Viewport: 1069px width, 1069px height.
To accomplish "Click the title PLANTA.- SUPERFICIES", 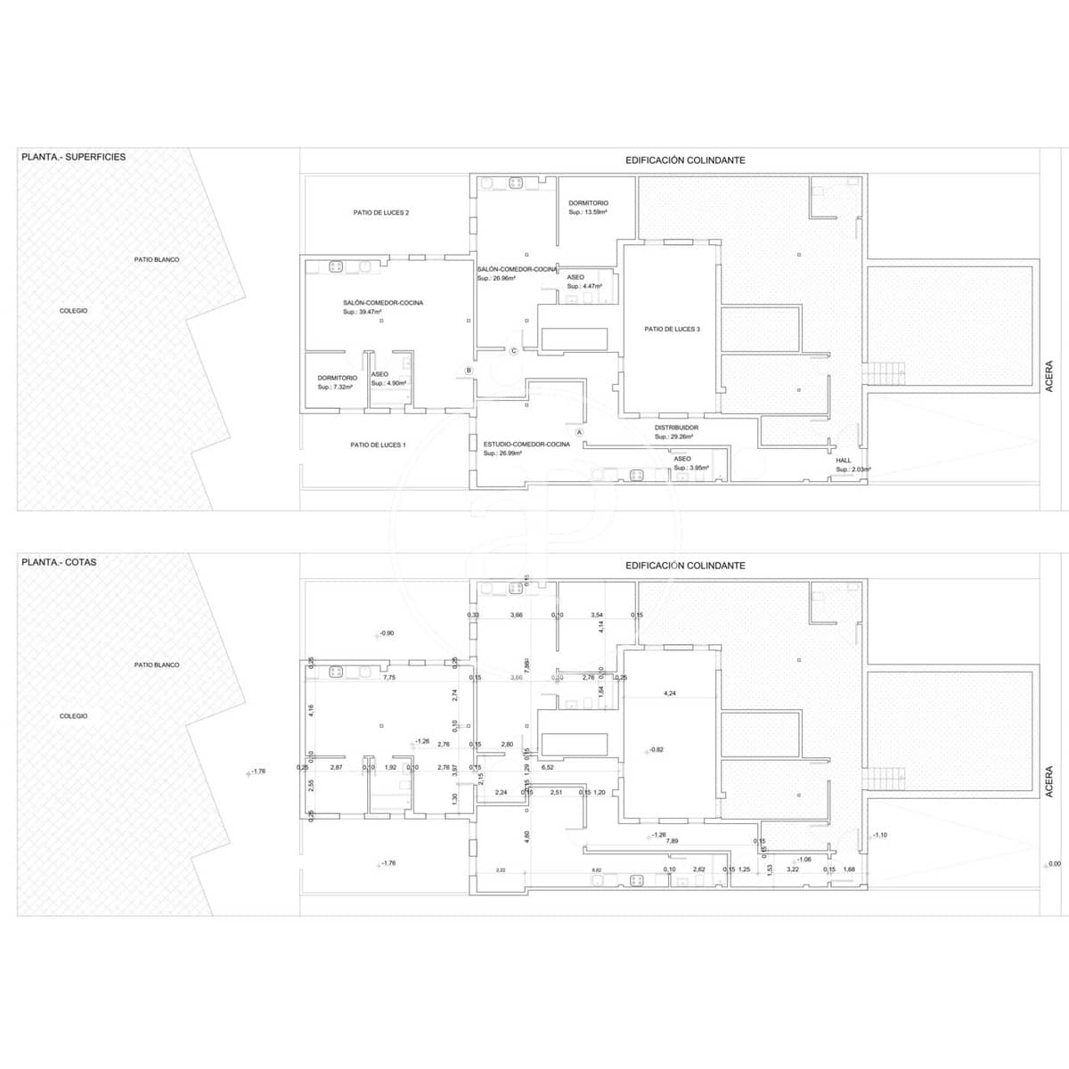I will point(73,157).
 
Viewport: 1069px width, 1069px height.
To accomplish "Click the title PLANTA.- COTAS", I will point(59,562).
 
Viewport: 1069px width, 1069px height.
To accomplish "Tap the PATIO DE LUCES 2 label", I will point(380,213).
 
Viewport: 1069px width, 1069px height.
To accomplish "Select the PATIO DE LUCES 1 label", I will point(378,445).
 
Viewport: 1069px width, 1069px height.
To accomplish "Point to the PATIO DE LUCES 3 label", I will point(672,329).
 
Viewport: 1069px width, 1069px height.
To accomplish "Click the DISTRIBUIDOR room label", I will point(676,428).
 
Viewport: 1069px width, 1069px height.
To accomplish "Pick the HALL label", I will point(843,461).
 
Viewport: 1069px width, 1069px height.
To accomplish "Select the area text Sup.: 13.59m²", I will point(588,212).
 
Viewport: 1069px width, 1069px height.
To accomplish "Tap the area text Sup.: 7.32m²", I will point(336,388).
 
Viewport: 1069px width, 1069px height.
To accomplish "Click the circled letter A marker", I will point(579,432).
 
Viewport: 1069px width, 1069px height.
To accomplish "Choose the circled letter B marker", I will point(469,370).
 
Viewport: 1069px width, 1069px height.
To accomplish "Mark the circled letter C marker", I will point(513,351).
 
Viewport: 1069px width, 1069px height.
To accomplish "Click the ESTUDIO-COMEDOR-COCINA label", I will point(526,444).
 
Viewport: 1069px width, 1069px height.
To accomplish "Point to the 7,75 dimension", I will point(388,677).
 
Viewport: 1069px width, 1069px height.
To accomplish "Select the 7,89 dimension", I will point(672,841).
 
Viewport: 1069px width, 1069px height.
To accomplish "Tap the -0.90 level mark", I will point(386,632).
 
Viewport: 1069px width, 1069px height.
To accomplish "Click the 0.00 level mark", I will point(1055,863).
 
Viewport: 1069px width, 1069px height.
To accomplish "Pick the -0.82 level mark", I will point(657,750).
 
